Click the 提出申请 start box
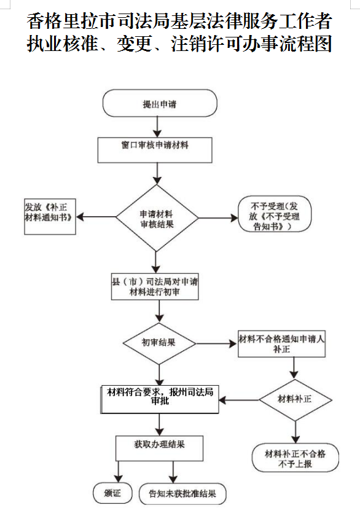[x=160, y=104]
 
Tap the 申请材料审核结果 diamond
[x=157, y=218]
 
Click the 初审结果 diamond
[x=159, y=342]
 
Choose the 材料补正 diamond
[x=295, y=400]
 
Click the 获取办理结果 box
[x=159, y=448]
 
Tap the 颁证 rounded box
[x=112, y=493]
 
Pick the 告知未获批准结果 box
[x=182, y=493]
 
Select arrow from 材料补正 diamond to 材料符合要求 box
[x=240, y=400]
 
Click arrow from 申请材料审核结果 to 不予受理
[x=217, y=218]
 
